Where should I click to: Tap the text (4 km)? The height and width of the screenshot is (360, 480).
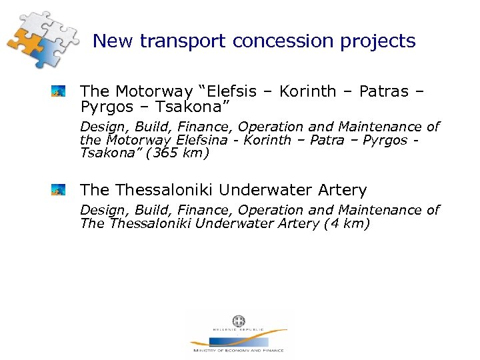346,223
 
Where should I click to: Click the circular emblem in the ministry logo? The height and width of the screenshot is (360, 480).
238,321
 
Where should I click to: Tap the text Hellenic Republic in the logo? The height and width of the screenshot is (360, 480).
238,329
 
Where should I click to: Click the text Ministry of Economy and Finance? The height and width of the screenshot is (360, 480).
238,350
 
